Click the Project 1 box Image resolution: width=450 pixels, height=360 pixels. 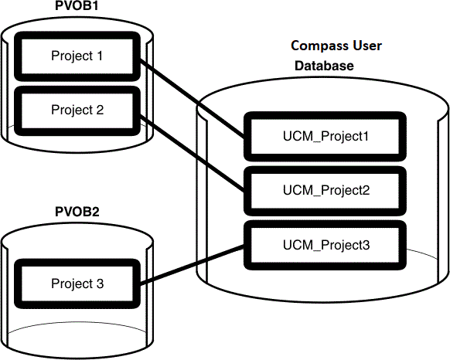pos(77,56)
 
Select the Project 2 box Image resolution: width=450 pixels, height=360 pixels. pos(77,109)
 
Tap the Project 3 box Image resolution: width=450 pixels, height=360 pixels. pos(77,284)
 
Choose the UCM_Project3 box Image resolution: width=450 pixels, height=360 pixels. pos(324,245)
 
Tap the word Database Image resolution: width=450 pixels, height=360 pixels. pos(324,66)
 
